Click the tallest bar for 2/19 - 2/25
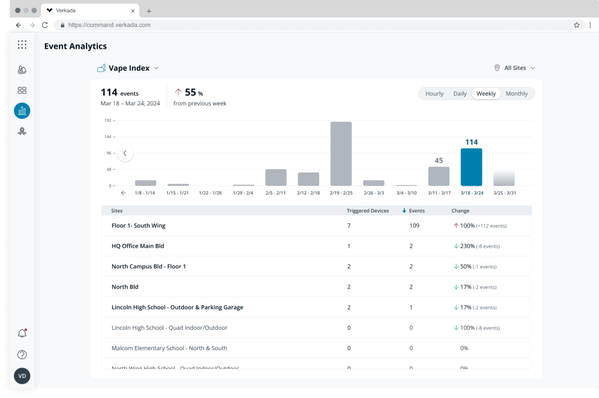coord(341,153)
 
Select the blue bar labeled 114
coord(471,167)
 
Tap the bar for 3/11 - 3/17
coord(439,176)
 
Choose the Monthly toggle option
coord(516,94)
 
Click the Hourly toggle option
coord(434,94)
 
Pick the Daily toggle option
coord(460,94)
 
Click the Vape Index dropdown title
coord(129,68)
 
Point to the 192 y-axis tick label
coord(108,121)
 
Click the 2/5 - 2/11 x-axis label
coord(276,193)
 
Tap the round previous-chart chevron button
coord(125,153)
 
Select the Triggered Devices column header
coord(367,211)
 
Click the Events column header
coord(416,211)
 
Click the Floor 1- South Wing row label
coord(138,225)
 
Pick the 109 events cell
coord(414,225)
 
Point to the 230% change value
coord(467,246)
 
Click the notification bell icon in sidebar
coord(22,334)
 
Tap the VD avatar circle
coord(22,376)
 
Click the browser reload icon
coord(45,25)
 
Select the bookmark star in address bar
coord(577,25)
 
